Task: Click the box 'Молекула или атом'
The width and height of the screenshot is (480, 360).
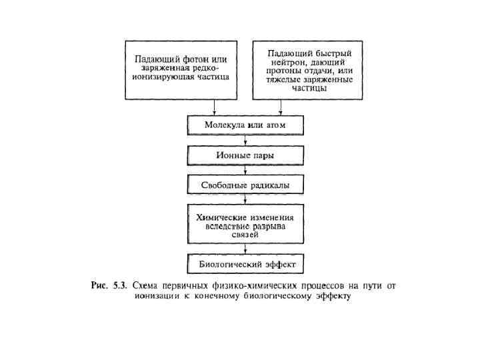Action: tap(246, 125)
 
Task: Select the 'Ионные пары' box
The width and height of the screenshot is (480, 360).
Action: tap(246, 155)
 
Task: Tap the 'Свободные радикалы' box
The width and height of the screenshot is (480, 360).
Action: tap(246, 185)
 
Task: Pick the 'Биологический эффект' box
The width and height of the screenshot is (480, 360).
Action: tap(246, 263)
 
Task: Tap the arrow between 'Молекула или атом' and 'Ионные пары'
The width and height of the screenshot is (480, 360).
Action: tap(247, 140)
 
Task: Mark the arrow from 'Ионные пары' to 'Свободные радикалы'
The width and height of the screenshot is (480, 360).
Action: tap(247, 170)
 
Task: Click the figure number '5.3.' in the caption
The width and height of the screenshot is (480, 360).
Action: tap(120, 286)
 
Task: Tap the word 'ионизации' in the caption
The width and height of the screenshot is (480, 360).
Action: tap(155, 296)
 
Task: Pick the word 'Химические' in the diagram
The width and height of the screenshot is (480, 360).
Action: tap(220, 217)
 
